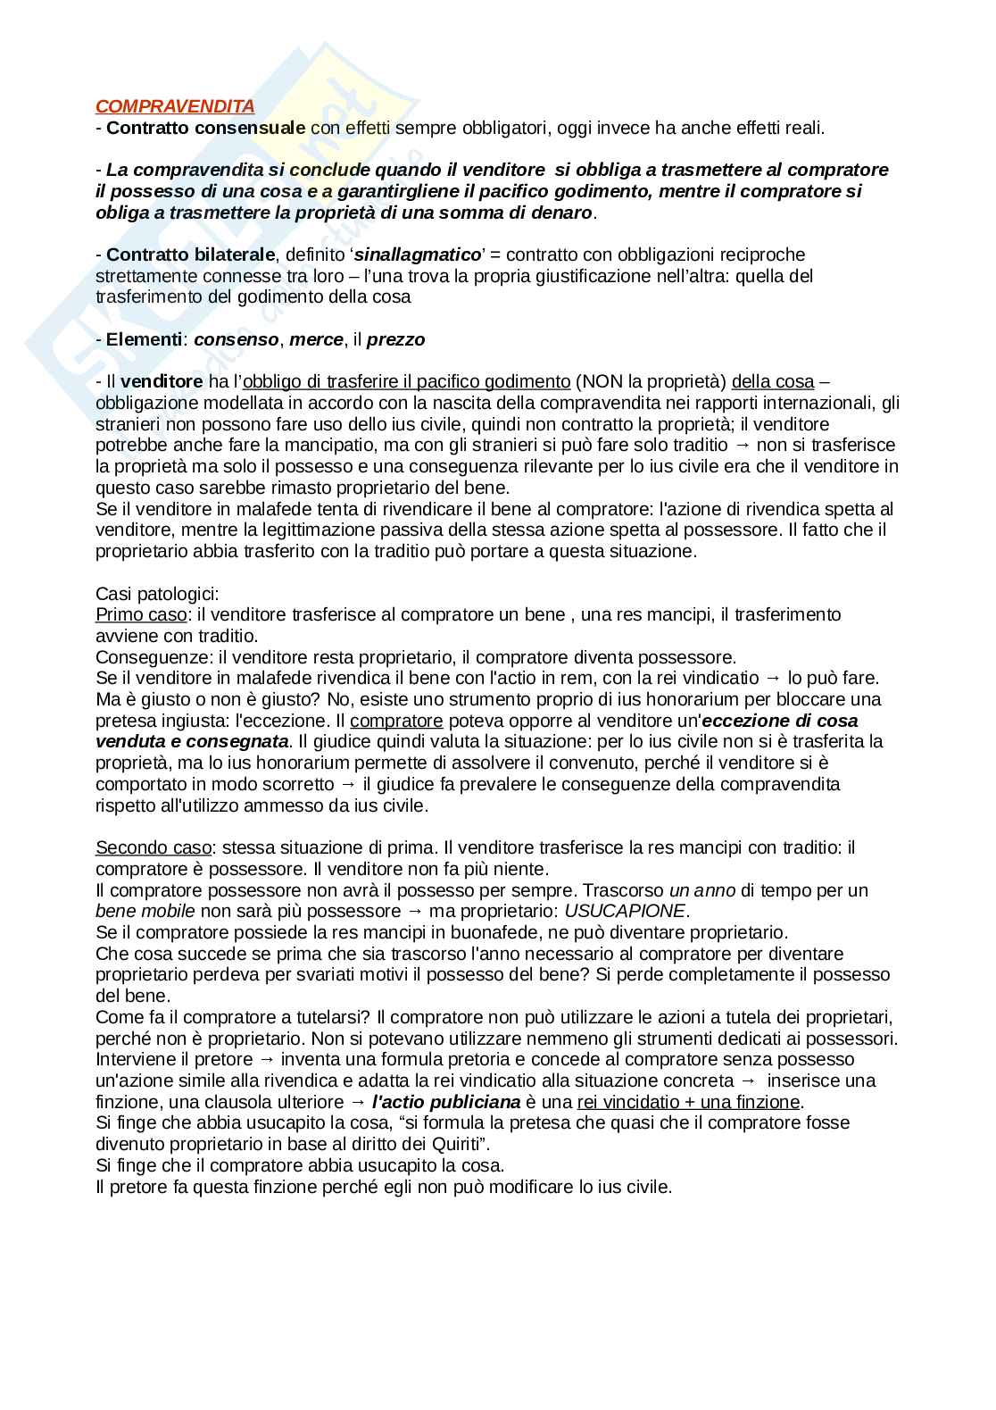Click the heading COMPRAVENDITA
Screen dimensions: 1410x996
tap(175, 106)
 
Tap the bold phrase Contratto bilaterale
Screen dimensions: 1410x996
tap(190, 254)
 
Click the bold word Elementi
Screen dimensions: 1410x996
tap(144, 339)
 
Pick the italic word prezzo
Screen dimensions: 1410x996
tap(396, 339)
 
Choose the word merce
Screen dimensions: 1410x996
tap(316, 339)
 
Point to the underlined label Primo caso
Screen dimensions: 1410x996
tap(141, 614)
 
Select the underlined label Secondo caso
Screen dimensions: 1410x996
tap(154, 847)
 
